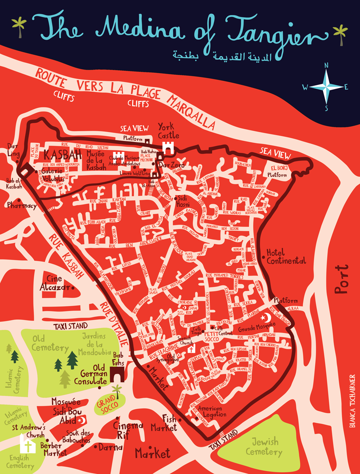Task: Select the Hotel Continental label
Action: click(286, 256)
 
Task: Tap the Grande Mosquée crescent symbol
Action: click(271, 317)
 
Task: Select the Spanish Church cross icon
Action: click(191, 349)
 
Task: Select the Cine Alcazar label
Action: click(56, 283)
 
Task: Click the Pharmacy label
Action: click(21, 206)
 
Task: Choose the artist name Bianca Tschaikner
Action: click(351, 396)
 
